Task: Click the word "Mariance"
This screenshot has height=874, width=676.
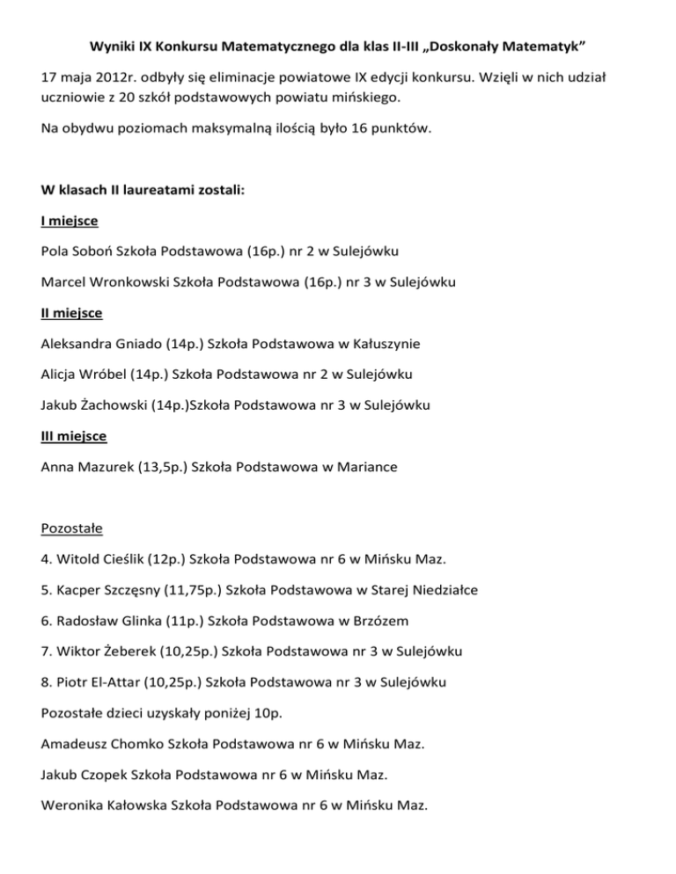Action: (x=367, y=468)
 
